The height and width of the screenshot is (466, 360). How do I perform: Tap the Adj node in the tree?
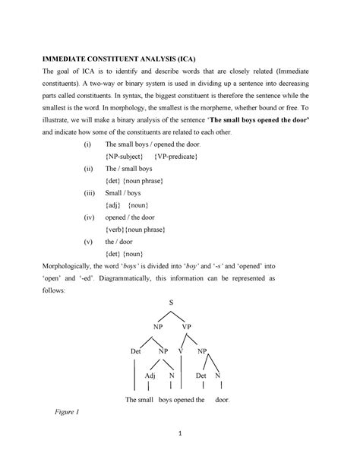[x=150, y=376]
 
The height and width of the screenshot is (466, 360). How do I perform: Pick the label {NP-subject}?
[x=127, y=157]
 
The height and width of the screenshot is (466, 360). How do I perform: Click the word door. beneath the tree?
[x=223, y=399]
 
